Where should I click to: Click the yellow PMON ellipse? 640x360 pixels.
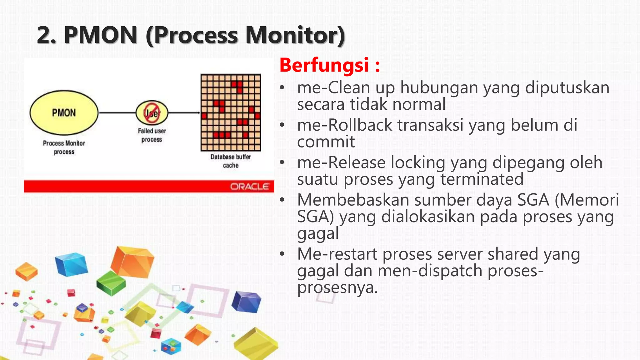(64, 113)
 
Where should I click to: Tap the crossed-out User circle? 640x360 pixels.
(152, 112)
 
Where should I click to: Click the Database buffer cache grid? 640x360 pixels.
(231, 113)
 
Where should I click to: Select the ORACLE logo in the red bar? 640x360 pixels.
(250, 187)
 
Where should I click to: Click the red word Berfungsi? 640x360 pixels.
(324, 65)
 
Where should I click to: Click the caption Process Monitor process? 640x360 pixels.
(64, 147)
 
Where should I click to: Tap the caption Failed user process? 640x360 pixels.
(152, 135)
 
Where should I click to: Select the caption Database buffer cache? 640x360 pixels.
(231, 161)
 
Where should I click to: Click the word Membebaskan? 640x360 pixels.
(353, 200)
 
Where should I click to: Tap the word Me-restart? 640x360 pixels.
(337, 254)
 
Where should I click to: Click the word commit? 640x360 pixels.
(326, 142)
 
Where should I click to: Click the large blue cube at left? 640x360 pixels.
(71, 264)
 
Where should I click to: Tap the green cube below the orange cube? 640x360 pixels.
(111, 283)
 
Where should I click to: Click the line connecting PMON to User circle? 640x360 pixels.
(117, 112)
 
